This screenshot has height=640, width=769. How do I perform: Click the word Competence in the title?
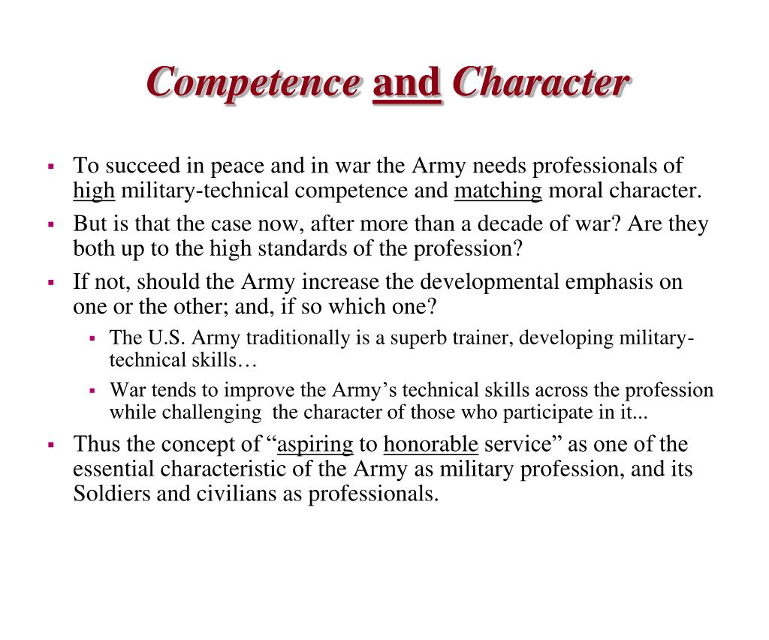pyautogui.click(x=252, y=82)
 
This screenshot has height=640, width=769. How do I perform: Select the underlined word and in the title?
pyautogui.click(x=406, y=82)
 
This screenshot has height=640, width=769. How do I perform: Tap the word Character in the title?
pyautogui.click(x=541, y=82)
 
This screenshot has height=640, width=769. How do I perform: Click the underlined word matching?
pyautogui.click(x=498, y=191)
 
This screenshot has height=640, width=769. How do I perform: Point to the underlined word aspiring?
pyautogui.click(x=315, y=444)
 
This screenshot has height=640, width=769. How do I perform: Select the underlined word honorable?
pyautogui.click(x=430, y=444)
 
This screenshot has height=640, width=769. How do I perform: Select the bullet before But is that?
pyautogui.click(x=52, y=224)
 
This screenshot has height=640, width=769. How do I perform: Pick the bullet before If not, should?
pyautogui.click(x=52, y=282)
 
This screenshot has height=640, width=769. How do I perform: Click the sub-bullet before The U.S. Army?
pyautogui.click(x=92, y=338)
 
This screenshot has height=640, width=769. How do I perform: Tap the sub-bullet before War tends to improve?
pyautogui.click(x=92, y=391)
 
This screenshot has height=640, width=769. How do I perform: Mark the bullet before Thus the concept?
pyautogui.click(x=52, y=445)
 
